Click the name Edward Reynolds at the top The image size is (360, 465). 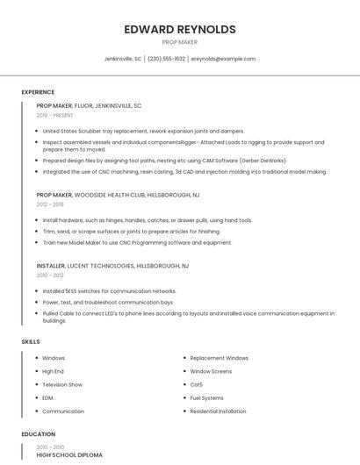tap(180, 29)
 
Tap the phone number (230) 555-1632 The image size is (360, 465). tap(167, 59)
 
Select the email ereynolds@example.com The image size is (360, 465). tap(223, 59)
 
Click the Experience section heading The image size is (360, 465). tap(38, 92)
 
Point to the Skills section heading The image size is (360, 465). tap(31, 341)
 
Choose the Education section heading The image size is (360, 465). tap(38, 434)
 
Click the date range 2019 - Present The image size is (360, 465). tap(55, 115)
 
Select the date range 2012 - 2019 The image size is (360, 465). tap(49, 204)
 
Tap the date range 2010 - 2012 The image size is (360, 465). tap(49, 275)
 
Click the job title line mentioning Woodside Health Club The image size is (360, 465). tap(118, 195)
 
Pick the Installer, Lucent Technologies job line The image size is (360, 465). tap(112, 265)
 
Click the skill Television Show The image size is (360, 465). tap(62, 384)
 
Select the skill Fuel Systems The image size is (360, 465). tap(207, 397)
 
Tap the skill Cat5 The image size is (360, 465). tap(197, 384)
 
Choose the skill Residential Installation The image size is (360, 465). tap(219, 411)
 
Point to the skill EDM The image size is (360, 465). tap(47, 397)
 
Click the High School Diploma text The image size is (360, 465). tap(69, 455)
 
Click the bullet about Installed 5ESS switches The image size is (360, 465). tap(109, 290)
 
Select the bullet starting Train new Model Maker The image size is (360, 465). tap(137, 242)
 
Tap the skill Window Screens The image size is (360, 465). tap(211, 371)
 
